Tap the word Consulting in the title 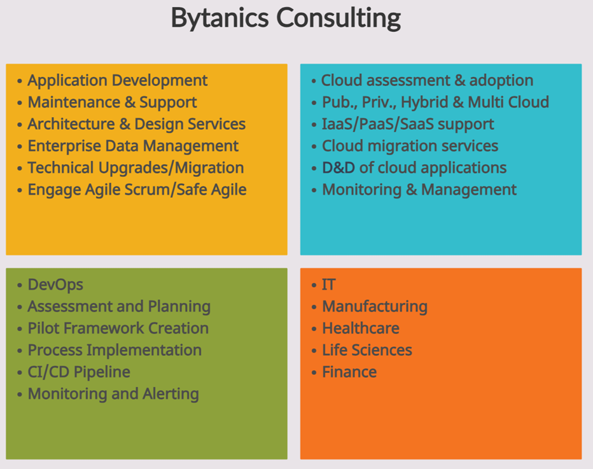point(338,18)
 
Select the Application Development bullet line point(117,81)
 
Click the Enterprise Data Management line point(133,146)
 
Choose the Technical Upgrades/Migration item point(136,168)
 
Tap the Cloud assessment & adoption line point(427,81)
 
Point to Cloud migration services point(410,146)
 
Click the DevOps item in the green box point(55,285)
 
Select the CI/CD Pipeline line point(79,372)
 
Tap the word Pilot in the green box point(43,328)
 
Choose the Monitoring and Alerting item point(113,394)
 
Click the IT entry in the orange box point(328,285)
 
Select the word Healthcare point(361,328)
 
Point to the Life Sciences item point(366,351)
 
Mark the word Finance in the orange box point(349,372)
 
